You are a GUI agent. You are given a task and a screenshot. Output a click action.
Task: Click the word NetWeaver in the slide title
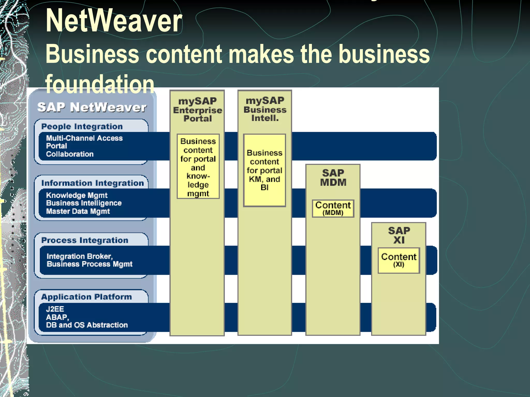point(114,21)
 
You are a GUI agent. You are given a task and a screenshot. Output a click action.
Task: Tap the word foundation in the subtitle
point(100,84)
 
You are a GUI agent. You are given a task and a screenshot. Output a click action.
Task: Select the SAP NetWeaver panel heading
point(92,107)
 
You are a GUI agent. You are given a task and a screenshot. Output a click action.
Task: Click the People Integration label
point(82,126)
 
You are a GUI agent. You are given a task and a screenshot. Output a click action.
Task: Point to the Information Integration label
point(92,183)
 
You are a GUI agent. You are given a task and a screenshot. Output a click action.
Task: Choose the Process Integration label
point(85,240)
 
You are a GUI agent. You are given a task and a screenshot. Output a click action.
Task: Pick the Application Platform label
point(86,297)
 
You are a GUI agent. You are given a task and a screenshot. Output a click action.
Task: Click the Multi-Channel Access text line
point(84,138)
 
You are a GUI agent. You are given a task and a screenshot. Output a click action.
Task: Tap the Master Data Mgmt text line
point(78,211)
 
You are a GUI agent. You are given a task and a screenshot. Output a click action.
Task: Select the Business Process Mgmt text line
point(90,264)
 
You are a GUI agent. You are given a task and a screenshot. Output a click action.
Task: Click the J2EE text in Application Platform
point(55,309)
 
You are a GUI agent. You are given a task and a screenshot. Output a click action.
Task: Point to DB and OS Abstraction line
point(87,325)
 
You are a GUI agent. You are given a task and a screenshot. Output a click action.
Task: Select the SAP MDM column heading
point(333,178)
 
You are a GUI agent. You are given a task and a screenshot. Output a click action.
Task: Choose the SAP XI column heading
point(399,235)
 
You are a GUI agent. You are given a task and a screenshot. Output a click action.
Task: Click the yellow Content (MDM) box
point(333,208)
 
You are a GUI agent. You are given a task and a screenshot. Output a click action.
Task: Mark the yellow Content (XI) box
point(399,260)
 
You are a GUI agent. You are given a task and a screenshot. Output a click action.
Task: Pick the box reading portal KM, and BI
point(264,170)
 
